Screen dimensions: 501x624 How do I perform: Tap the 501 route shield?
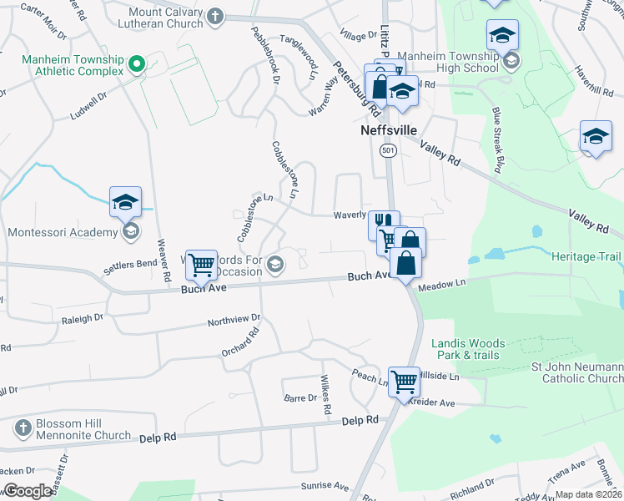387,150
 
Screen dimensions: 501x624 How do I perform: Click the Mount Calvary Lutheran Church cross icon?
215,16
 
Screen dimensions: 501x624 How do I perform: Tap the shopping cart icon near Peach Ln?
404,381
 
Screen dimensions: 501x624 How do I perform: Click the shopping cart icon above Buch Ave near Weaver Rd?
200,265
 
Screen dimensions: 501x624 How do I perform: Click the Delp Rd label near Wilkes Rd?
360,422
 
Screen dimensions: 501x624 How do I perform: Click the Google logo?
28,491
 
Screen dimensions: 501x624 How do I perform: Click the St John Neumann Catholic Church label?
577,372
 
